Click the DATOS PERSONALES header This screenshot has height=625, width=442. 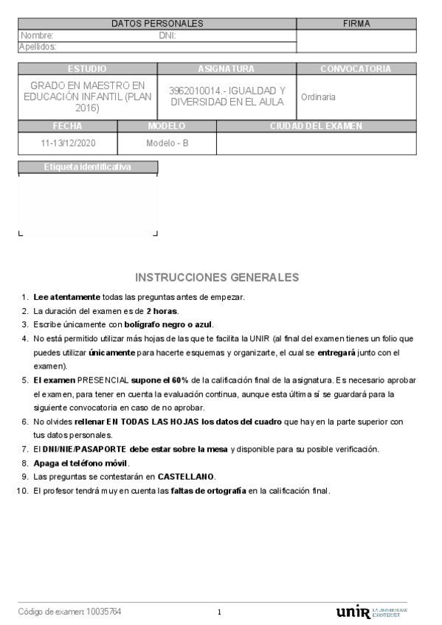click(157, 24)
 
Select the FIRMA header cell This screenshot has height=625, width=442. click(356, 24)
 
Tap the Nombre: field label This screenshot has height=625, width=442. click(37, 35)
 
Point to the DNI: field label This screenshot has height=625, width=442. click(168, 35)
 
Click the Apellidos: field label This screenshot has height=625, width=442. click(38, 47)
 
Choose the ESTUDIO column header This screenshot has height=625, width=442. click(87, 69)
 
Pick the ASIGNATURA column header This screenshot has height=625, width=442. click(226, 69)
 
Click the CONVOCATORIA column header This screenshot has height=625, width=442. click(356, 69)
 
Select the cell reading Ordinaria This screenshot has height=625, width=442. click(319, 97)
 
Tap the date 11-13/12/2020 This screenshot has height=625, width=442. click(67, 143)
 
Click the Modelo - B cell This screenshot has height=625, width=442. click(168, 143)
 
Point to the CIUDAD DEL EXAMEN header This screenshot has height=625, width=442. click(316, 126)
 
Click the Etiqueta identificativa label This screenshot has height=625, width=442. click(88, 167)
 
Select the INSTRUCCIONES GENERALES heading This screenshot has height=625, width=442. click(217, 278)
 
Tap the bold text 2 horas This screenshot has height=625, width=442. click(162, 311)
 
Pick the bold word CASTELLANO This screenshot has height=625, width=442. click(187, 477)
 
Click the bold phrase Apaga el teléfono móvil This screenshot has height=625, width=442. click(81, 463)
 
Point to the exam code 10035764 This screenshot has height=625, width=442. click(104, 612)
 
